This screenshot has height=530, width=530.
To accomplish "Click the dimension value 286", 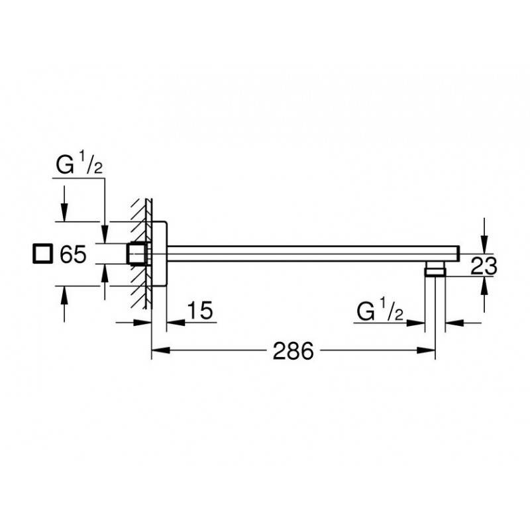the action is point(293,351).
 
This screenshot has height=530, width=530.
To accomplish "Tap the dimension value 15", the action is point(200,310).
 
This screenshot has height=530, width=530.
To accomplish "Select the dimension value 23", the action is point(484,266).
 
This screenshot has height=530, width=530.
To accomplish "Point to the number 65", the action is point(73,254).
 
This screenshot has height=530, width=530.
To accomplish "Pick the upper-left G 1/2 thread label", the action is point(79,163).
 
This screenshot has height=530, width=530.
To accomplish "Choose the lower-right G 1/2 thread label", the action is point(380,309).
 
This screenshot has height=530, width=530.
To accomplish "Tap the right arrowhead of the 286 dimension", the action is point(425,350).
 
